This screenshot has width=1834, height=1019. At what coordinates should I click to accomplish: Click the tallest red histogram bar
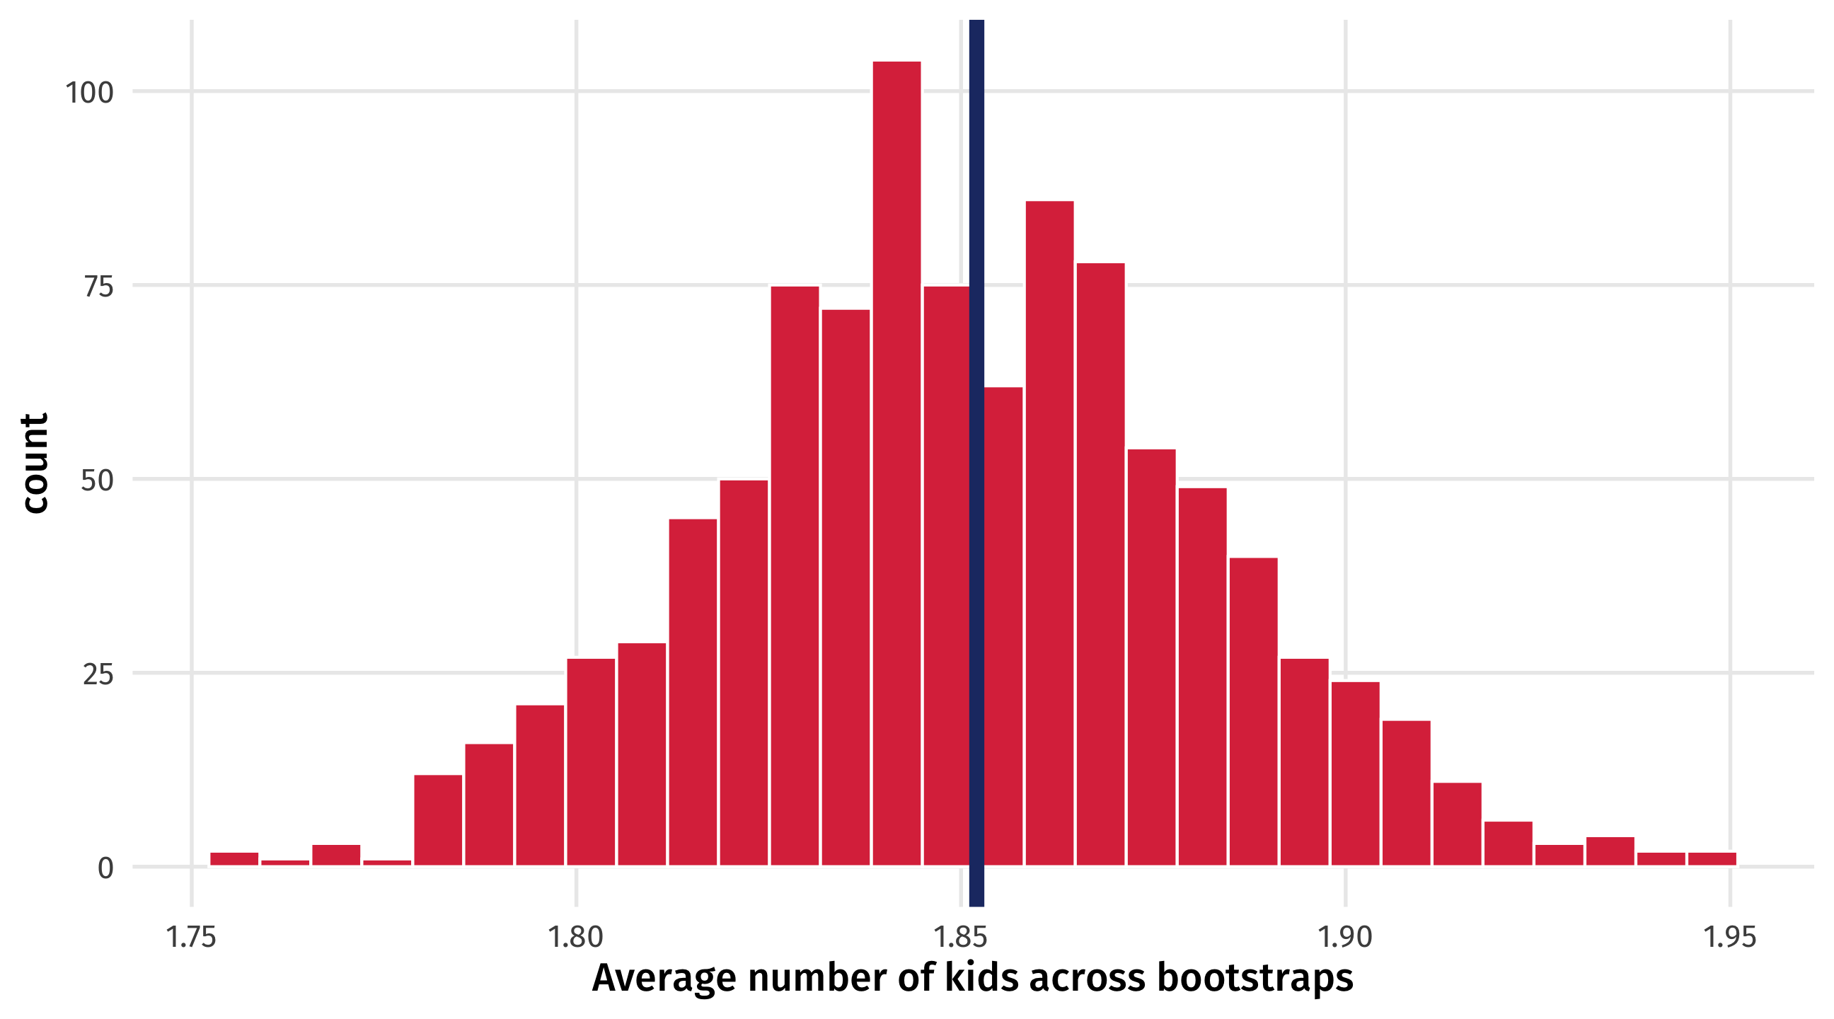pos(896,463)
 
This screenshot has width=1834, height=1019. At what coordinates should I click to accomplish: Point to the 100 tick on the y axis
pos(89,93)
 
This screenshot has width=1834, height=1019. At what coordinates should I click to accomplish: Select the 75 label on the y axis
pos(98,287)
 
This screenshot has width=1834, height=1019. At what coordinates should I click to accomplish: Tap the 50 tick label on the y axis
pos(97,480)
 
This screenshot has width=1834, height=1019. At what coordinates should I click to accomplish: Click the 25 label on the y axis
pos(98,674)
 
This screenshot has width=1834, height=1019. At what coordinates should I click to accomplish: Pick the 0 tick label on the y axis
pos(105,868)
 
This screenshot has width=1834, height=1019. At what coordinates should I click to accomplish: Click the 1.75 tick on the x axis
pos(191,938)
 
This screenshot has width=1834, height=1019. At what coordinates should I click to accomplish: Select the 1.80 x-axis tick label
pos(575,938)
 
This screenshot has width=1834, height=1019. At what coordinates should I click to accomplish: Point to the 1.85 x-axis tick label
pos(960,938)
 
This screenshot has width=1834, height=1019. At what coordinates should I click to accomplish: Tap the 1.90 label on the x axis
pos(1345,938)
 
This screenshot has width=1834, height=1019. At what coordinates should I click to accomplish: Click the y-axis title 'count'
pos(34,463)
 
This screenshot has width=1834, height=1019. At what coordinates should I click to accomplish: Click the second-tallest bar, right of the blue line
pos(1049,534)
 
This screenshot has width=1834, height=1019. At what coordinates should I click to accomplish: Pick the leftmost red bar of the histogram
pos(234,859)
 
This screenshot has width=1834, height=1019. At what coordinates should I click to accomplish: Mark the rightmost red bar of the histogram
pos(1712,859)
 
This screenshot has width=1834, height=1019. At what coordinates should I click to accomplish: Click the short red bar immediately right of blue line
pos(1004,627)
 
